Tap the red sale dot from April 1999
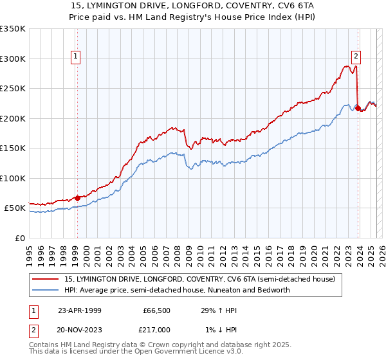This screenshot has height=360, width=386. tap(77, 198)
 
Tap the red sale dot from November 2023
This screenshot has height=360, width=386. tap(358, 108)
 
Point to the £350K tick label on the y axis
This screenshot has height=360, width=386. tap(12, 29)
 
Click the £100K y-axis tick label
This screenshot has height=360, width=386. tap(12, 178)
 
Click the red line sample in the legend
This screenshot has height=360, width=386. tap(47, 280)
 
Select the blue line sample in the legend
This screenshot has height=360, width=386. tap(47, 290)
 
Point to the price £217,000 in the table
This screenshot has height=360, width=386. tap(157, 329)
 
